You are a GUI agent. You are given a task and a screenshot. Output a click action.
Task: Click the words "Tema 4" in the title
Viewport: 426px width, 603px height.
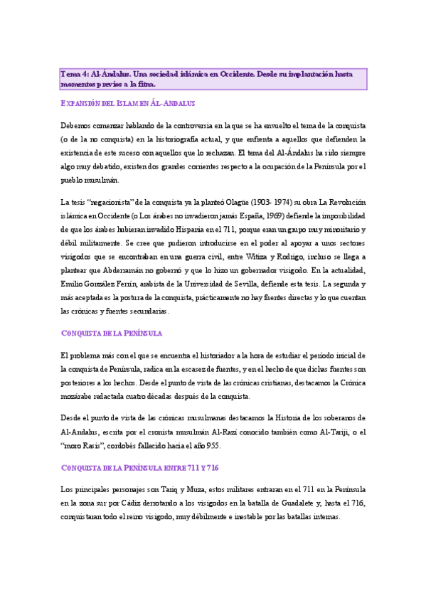click(x=75, y=74)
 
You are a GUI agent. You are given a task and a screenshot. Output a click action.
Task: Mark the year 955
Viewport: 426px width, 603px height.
click(x=213, y=446)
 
